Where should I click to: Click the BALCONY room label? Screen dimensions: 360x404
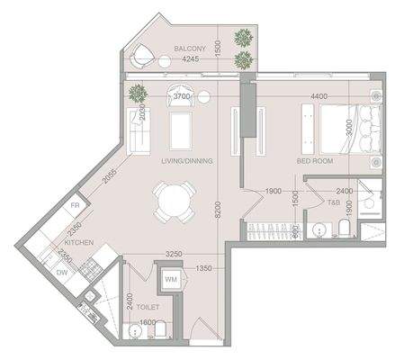[190, 48]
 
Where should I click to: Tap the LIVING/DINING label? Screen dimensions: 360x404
[186, 163]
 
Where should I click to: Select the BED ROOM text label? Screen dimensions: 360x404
[316, 162]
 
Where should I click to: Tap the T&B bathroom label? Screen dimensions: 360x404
[332, 203]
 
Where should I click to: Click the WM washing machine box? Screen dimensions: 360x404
[170, 281]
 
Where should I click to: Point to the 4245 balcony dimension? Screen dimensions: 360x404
[190, 59]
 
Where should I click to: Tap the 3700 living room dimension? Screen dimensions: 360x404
[183, 96]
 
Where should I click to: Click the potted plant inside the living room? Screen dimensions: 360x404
[137, 93]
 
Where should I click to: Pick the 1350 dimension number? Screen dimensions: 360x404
[204, 268]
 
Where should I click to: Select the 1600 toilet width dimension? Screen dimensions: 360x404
[147, 322]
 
